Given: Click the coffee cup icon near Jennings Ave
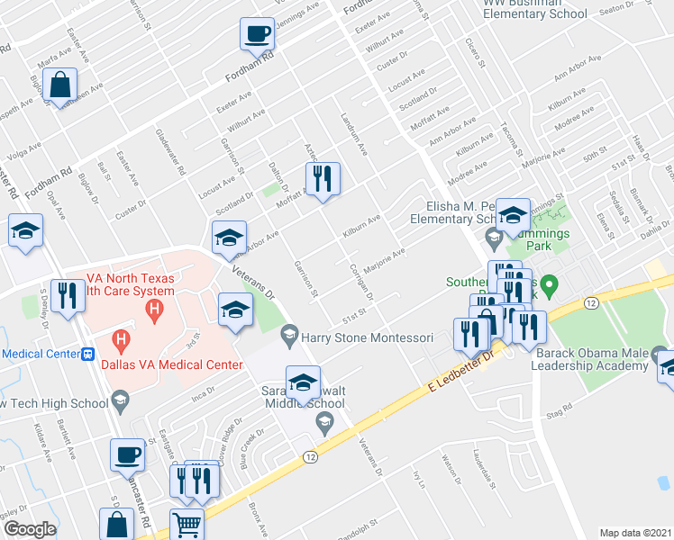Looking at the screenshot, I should pyautogui.click(x=257, y=35).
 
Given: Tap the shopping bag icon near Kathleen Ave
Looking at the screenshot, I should pyautogui.click(x=59, y=87).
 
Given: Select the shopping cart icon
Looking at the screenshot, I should pyautogui.click(x=187, y=523).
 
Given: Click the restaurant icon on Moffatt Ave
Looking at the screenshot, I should pyautogui.click(x=323, y=177).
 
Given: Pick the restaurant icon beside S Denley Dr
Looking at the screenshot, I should pyautogui.click(x=68, y=296).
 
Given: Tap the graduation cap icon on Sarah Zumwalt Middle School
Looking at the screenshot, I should pyautogui.click(x=304, y=382).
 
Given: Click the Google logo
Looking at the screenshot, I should pyautogui.click(x=30, y=528).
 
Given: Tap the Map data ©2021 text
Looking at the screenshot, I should pyautogui.click(x=635, y=533).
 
